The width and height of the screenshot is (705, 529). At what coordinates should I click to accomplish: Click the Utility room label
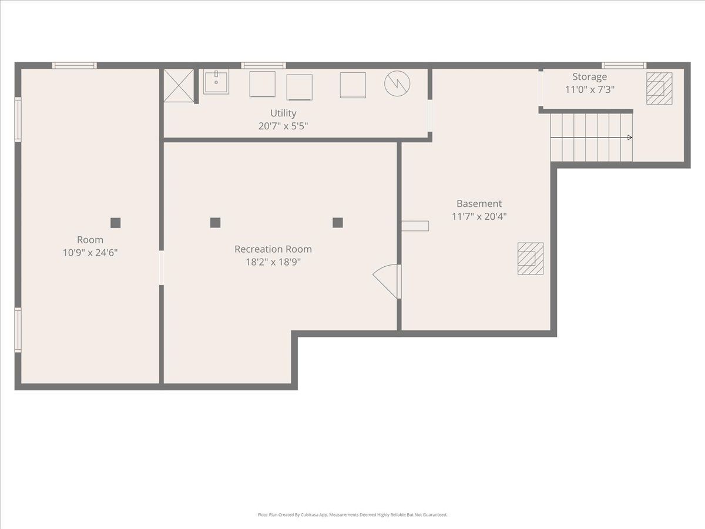[x=283, y=113]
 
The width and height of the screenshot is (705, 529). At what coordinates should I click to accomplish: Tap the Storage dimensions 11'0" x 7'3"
[x=590, y=89]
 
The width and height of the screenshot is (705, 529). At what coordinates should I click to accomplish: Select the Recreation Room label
[x=273, y=249]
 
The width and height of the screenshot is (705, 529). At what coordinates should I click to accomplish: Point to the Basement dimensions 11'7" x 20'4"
[x=479, y=216]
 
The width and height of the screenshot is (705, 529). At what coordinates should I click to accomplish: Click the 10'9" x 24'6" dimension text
[x=90, y=253]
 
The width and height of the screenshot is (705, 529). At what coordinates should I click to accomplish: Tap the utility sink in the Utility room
[x=216, y=82]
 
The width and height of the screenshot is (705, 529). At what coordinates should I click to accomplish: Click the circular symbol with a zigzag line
[x=397, y=83]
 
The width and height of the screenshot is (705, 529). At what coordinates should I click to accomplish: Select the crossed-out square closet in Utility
[x=179, y=85]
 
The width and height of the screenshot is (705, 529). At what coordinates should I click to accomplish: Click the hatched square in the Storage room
[x=659, y=88]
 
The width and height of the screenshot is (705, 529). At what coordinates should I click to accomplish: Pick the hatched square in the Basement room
[x=531, y=259]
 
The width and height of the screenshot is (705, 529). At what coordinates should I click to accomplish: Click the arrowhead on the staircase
[x=630, y=138]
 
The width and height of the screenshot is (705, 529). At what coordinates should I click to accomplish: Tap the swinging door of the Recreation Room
[x=385, y=282]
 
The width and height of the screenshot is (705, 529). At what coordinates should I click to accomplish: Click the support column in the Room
[x=116, y=223]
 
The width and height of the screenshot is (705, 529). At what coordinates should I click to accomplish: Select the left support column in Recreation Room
[x=215, y=223]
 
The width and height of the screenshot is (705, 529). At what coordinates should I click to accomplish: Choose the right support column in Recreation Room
[x=338, y=223]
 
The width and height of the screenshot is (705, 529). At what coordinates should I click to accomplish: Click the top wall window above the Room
[x=74, y=65]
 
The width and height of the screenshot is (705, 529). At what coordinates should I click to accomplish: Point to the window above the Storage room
[x=624, y=65]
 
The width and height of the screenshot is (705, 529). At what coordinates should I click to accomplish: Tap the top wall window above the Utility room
[x=263, y=65]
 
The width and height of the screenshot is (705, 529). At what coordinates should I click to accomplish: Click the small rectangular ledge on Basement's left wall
[x=415, y=226]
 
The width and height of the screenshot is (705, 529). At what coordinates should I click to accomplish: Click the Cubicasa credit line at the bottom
[x=352, y=515]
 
